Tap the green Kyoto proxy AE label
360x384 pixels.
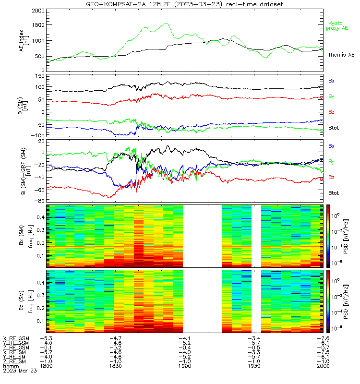(x=337, y=26)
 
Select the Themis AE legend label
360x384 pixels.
(x=341, y=55)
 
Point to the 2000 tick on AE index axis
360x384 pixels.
(x=38, y=11)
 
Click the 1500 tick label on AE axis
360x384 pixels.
(x=38, y=25)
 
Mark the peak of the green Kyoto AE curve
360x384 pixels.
(x=167, y=23)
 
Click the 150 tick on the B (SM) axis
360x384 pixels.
(x=40, y=76)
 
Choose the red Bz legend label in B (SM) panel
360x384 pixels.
(x=331, y=112)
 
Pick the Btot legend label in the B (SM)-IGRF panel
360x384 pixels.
(x=334, y=193)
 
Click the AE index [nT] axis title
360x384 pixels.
(x=24, y=40)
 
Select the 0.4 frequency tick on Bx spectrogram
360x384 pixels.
(x=41, y=217)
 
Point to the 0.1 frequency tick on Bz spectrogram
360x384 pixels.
(x=41, y=321)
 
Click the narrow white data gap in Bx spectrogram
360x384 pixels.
(x=256, y=236)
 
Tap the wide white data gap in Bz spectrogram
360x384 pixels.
(x=202, y=301)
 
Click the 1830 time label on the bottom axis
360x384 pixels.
(x=115, y=366)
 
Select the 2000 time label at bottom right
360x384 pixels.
(x=323, y=366)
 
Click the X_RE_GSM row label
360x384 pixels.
(x=16, y=338)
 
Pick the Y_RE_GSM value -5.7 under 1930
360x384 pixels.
(x=254, y=343)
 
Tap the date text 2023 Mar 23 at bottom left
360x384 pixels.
(x=20, y=371)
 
